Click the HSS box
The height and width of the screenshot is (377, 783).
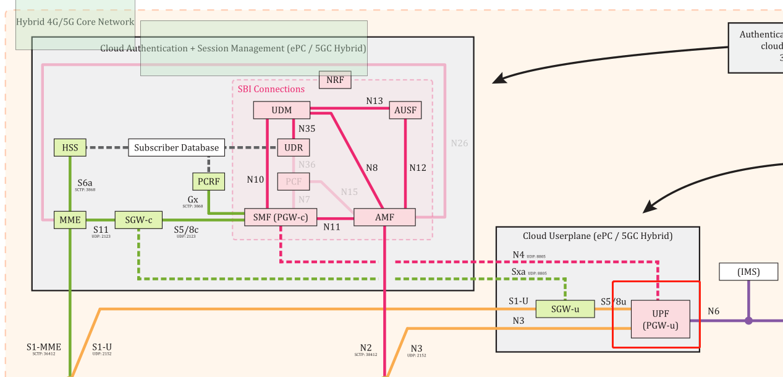70,147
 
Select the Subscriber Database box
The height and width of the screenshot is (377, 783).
177,147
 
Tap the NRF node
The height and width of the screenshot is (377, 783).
335,80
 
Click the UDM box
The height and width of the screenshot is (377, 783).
281,110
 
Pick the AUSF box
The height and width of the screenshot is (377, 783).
405,110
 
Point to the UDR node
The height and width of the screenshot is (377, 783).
294,147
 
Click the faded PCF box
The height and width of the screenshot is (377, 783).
294,181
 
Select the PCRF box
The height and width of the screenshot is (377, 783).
208,181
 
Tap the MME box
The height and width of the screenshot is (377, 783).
70,219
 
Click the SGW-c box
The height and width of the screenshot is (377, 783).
138,220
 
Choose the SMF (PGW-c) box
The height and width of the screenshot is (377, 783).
281,217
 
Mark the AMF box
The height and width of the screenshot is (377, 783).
384,217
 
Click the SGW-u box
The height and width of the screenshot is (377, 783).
565,309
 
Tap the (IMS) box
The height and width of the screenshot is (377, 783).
748,271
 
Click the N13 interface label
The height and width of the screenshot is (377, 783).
375,101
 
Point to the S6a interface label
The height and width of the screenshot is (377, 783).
85,183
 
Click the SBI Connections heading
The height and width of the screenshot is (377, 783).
271,89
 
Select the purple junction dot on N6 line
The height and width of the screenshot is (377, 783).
748,321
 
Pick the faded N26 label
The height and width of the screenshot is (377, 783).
459,143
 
